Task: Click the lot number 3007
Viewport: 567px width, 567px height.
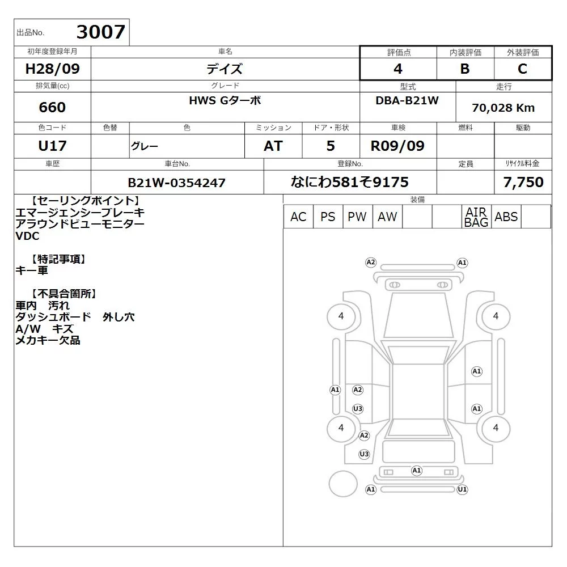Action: coord(101,32)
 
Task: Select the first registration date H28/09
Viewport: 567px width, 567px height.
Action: coord(52,69)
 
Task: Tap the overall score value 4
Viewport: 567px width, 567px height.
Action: coord(398,69)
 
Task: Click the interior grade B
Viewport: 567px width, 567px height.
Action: coord(465,69)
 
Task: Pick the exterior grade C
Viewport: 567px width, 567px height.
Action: coord(523,69)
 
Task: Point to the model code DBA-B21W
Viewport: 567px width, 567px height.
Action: coord(407,100)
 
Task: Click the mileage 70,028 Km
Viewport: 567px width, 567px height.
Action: coord(503,108)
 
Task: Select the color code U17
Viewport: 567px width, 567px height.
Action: coord(52,146)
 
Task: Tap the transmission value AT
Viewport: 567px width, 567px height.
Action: coord(273,146)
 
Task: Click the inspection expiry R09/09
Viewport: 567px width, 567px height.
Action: coord(398,146)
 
